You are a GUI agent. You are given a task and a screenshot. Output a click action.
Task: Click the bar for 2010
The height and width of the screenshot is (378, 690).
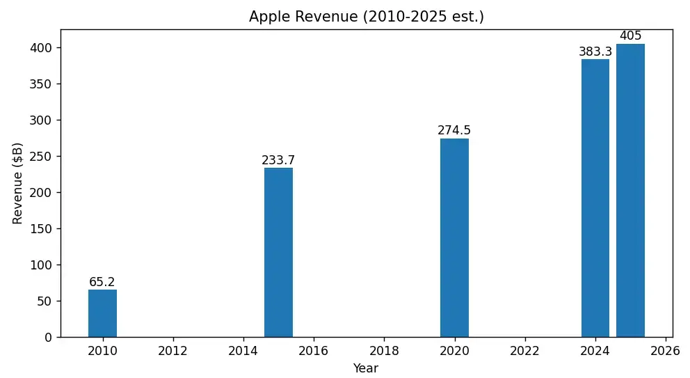[102, 313]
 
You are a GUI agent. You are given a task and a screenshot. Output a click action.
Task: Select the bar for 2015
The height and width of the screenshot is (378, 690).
[278, 252]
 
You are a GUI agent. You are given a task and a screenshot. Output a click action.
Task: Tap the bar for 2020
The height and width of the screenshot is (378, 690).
[454, 237]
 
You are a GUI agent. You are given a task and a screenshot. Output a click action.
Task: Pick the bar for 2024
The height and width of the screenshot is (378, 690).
[595, 198]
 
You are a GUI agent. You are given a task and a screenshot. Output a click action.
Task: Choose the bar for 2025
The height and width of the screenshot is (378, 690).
[630, 190]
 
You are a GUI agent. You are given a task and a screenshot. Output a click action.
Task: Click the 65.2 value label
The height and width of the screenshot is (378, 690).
[102, 282]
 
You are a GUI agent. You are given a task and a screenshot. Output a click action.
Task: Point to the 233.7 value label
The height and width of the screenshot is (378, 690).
[278, 160]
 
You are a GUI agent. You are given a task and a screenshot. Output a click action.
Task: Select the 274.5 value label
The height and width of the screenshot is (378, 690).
[454, 130]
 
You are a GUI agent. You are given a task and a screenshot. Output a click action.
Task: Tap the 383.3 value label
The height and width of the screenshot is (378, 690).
[595, 52]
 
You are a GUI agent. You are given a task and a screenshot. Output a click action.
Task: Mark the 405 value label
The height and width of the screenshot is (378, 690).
[630, 36]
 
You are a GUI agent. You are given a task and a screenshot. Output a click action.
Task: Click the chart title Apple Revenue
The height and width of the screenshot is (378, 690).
[367, 17]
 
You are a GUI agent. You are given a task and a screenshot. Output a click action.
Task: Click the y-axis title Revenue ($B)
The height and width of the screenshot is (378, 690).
[18, 183]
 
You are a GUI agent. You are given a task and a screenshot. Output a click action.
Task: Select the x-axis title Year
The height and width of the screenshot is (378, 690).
[366, 368]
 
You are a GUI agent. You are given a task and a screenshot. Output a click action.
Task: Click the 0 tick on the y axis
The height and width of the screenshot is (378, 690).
[47, 338]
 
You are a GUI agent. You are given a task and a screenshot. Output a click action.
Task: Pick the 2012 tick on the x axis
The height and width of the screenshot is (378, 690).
[172, 351]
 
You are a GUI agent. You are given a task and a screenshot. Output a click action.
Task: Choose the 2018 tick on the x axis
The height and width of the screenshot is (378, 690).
[384, 351]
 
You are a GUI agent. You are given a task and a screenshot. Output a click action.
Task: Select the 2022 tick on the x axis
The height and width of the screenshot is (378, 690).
[524, 351]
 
